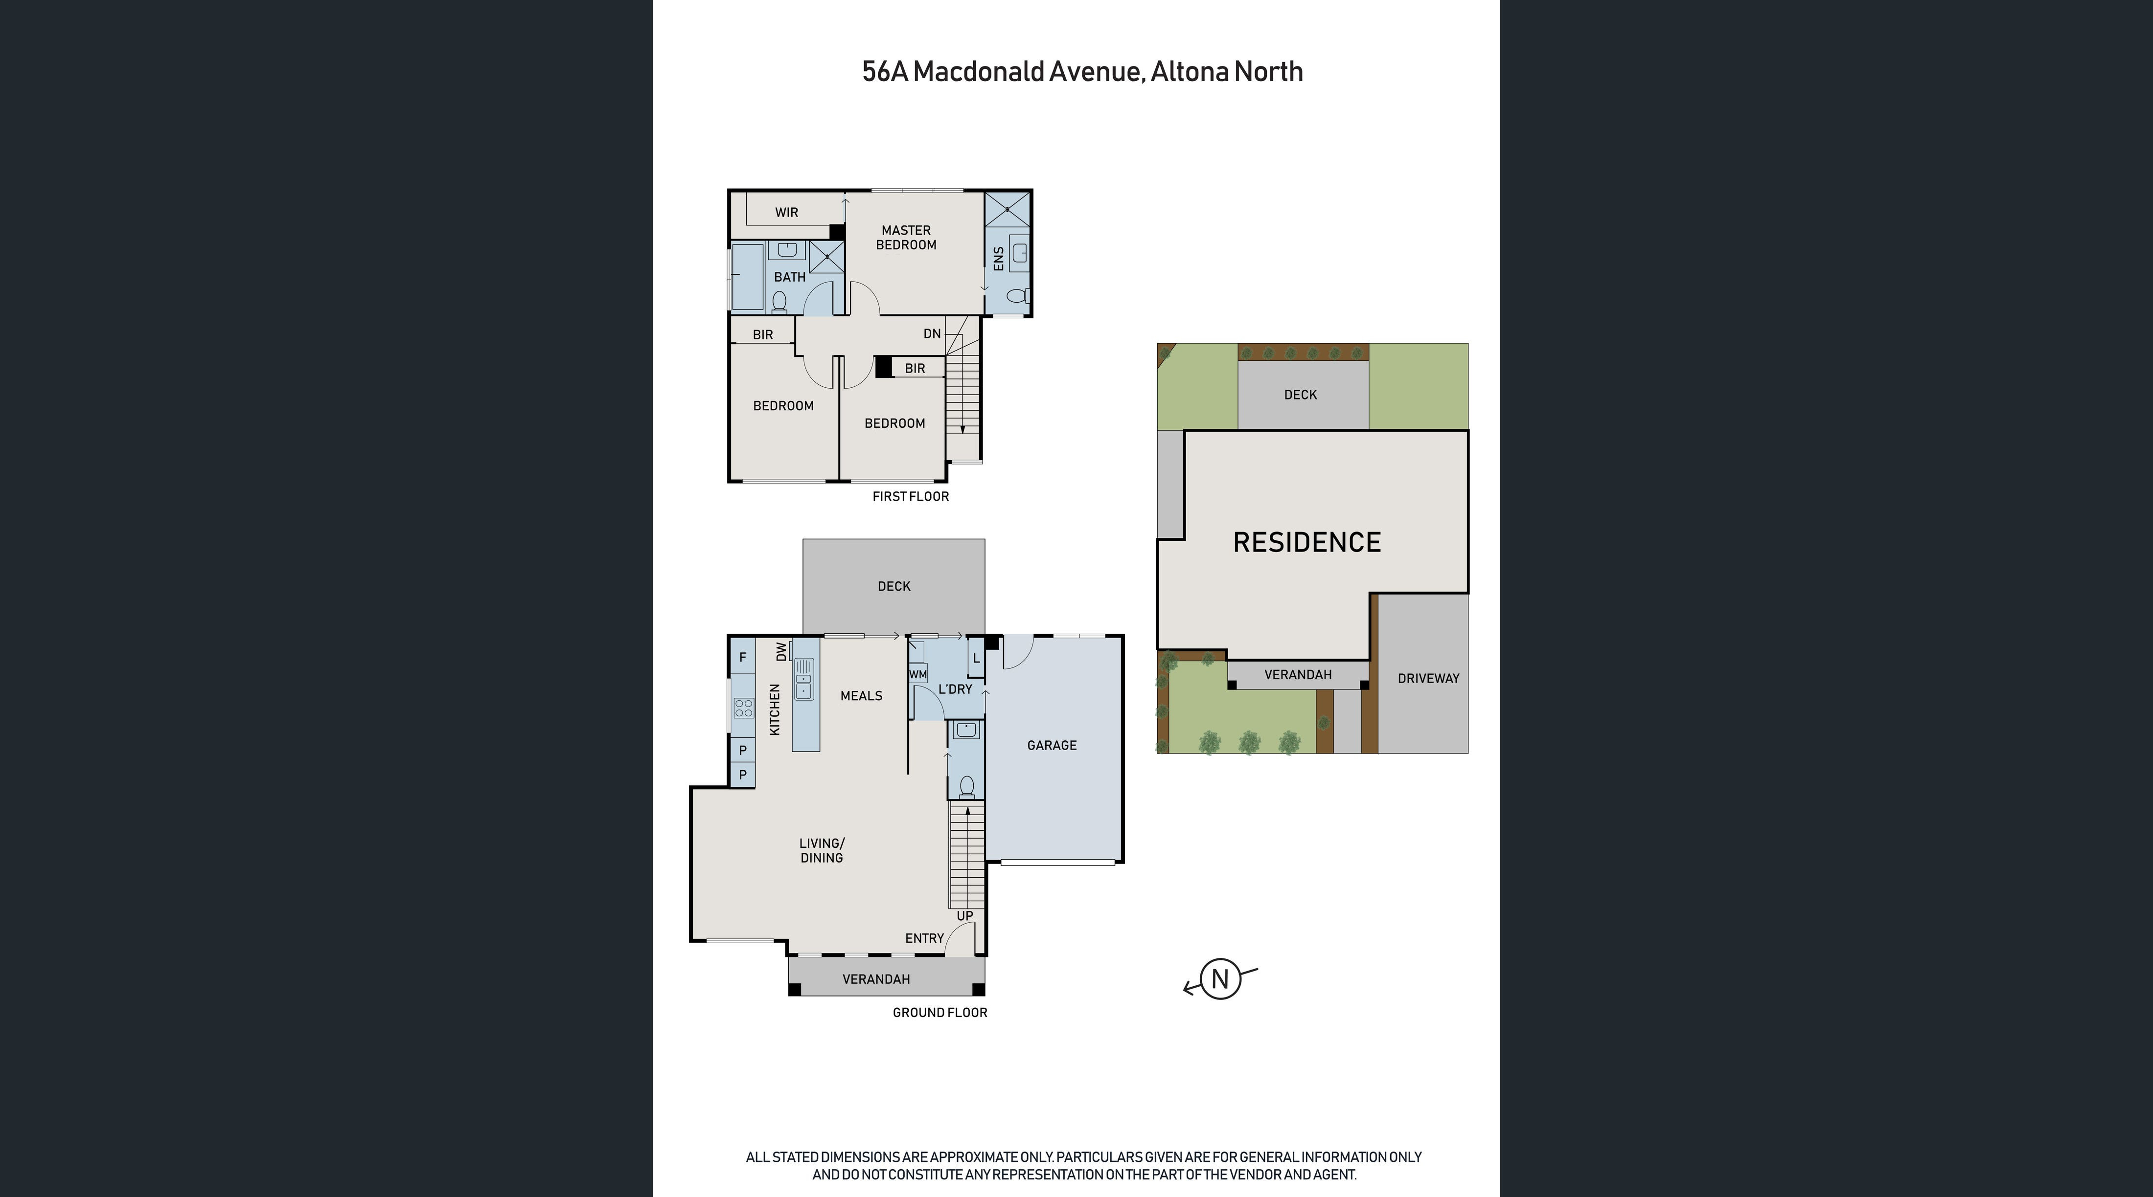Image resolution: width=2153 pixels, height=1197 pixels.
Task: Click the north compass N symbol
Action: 1220,979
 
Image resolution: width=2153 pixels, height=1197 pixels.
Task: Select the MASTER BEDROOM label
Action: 906,237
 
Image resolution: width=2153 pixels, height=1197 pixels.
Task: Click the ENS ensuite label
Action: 998,258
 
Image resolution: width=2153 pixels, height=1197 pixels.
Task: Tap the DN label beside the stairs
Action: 932,334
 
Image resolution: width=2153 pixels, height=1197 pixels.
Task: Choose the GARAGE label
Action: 1052,745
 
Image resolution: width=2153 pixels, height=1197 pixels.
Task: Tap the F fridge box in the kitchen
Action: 742,657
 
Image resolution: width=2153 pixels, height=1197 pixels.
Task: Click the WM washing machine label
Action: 917,674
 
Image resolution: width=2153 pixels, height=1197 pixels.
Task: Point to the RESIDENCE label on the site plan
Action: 1307,542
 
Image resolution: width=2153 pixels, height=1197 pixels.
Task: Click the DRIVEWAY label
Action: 1428,678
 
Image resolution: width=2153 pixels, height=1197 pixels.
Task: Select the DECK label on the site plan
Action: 1301,394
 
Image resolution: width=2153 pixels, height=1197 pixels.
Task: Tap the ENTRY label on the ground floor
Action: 924,938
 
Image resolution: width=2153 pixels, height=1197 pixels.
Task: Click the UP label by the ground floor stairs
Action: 964,915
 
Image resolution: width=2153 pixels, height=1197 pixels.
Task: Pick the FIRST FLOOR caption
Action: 910,496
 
